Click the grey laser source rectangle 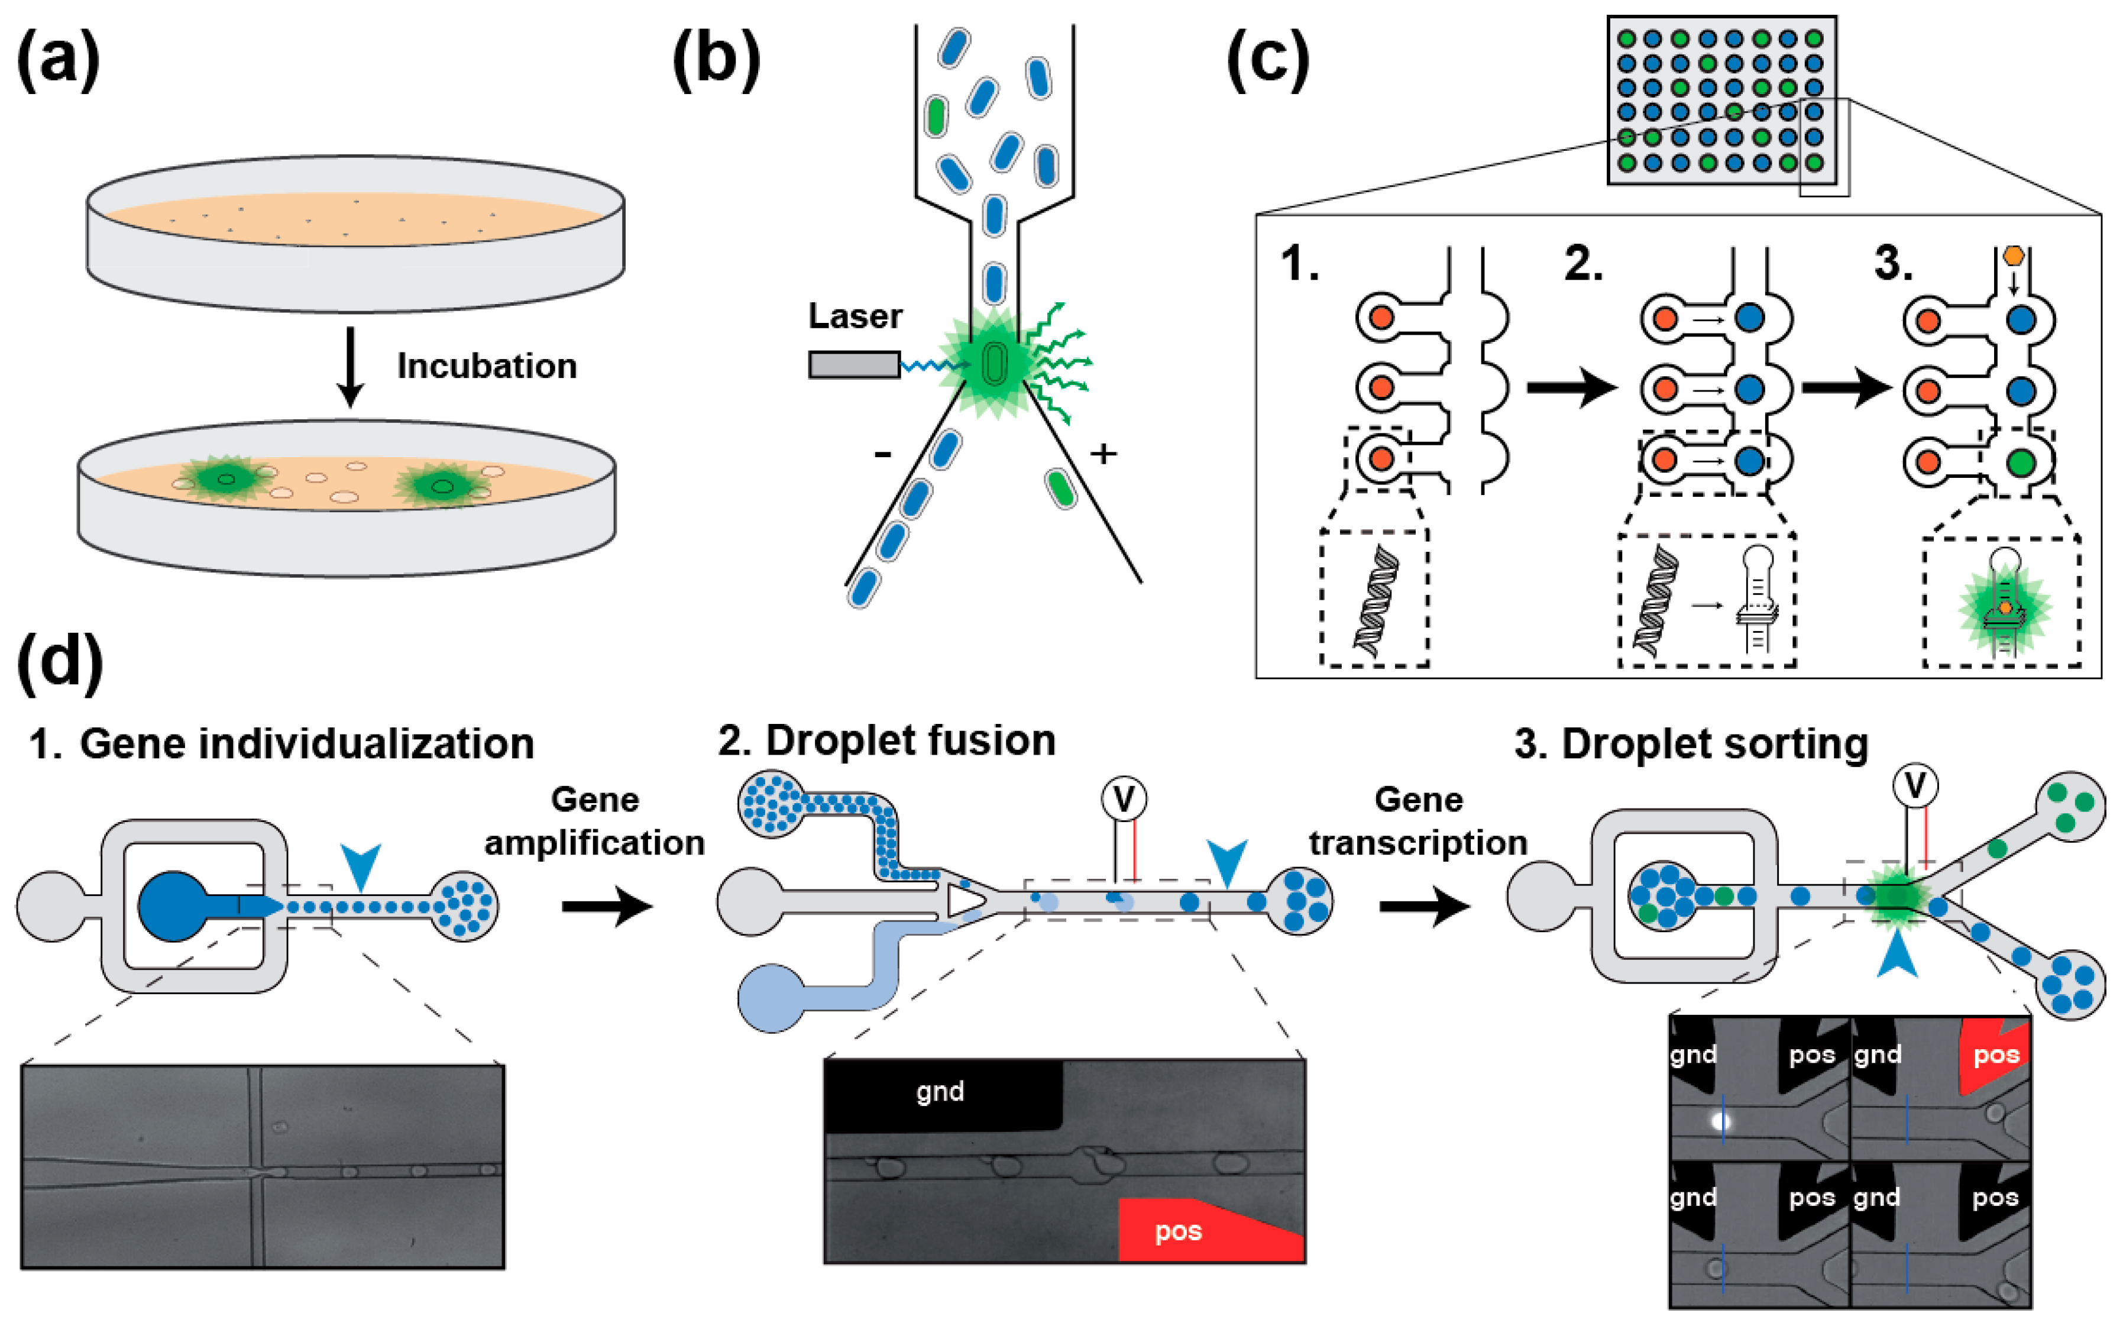(x=853, y=365)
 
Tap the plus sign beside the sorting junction (x=1103, y=454)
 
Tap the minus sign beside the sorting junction (x=882, y=454)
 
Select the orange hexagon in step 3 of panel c (x=2014, y=255)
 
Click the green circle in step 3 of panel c (x=2021, y=461)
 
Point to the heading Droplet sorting (x=1691, y=743)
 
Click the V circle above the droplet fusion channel (x=1124, y=799)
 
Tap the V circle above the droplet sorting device (x=1915, y=785)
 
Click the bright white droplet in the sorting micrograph (x=1720, y=1121)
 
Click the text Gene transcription (x=1418, y=821)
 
